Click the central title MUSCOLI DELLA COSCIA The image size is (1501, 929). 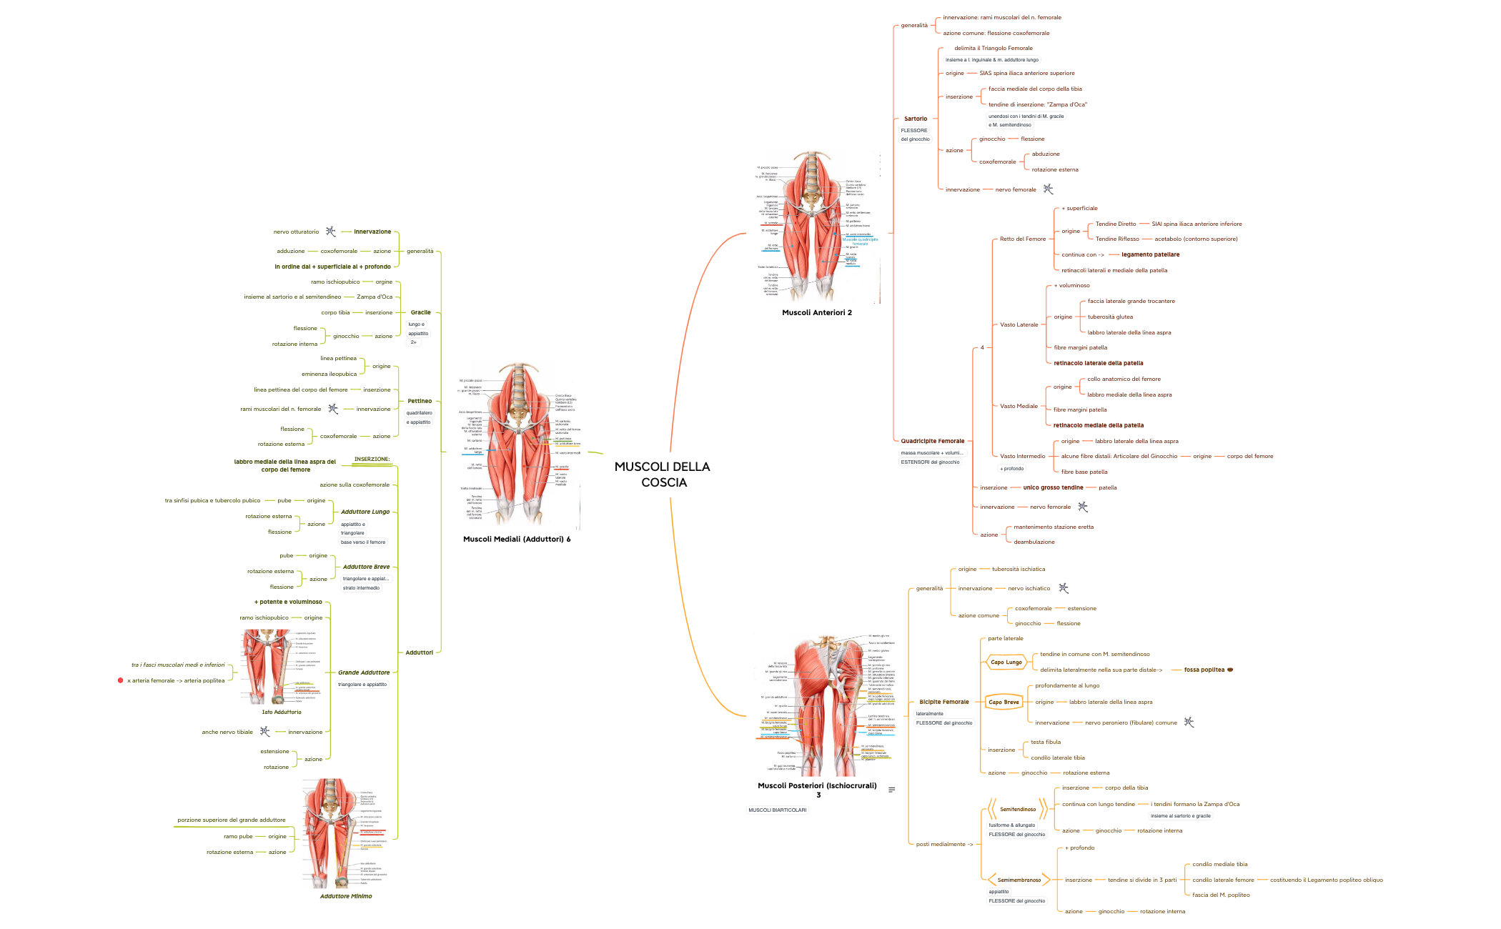663,475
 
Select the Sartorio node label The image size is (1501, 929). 916,119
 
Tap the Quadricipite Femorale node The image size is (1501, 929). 932,441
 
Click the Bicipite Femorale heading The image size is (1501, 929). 943,702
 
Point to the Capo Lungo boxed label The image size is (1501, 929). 1006,662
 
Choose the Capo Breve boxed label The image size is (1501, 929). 1004,702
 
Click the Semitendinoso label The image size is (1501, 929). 1017,810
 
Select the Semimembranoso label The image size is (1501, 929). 1019,880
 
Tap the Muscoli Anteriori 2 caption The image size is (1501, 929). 816,312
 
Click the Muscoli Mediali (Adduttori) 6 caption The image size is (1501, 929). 516,539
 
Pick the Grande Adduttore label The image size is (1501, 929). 364,672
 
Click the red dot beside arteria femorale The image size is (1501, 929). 120,680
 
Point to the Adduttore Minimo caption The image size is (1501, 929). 346,896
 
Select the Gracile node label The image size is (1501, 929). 420,312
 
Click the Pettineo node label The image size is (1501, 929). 420,401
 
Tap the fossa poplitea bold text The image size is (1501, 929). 1204,670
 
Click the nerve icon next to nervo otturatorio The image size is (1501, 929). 330,232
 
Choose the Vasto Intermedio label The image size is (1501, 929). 1022,456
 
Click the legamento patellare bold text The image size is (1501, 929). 1150,254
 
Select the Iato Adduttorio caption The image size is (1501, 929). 282,712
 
